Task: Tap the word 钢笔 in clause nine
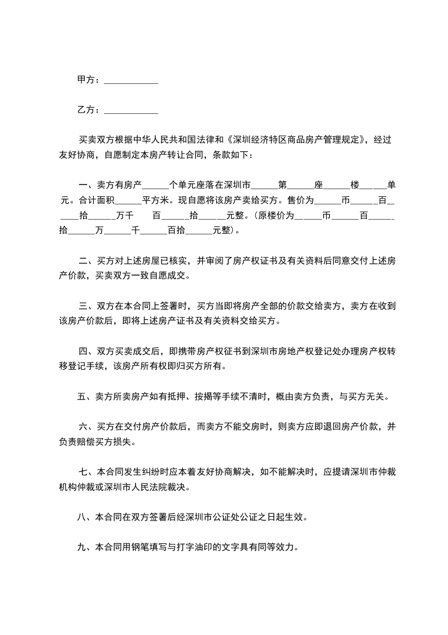coord(149,547)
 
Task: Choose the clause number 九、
coord(84,547)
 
